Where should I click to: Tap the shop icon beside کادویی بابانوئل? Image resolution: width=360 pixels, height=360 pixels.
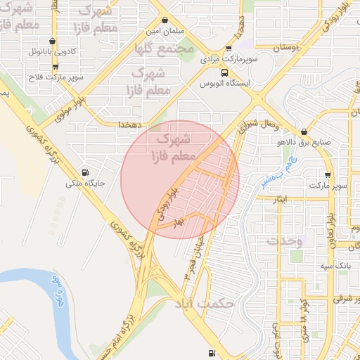pos(53,41)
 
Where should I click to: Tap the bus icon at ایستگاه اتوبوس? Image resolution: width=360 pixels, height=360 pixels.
pos(224,72)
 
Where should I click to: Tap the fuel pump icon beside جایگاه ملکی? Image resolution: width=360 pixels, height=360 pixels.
pos(86,172)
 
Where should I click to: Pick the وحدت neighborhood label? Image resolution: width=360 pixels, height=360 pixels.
pos(284,240)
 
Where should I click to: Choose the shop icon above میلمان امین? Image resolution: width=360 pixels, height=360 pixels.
pos(164,20)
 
